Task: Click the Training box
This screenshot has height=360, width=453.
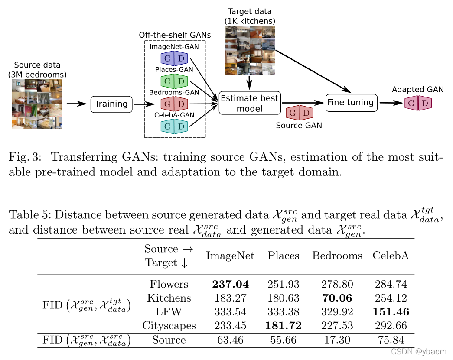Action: (x=111, y=104)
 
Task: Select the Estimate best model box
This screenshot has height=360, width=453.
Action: (x=250, y=103)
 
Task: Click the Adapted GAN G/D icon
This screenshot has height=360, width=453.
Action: (x=418, y=103)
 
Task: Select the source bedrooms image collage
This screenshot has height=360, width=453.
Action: (x=37, y=104)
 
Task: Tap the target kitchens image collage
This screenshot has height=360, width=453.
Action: (x=249, y=50)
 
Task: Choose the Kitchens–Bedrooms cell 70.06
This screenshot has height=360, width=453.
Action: (x=337, y=298)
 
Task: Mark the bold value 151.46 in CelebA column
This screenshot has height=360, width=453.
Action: (x=391, y=312)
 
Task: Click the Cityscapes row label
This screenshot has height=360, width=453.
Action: (x=169, y=325)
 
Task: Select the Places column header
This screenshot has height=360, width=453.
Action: (x=284, y=256)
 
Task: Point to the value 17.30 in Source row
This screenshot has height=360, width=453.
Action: (x=337, y=340)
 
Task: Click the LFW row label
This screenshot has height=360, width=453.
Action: (x=169, y=312)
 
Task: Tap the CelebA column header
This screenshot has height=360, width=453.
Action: (x=391, y=256)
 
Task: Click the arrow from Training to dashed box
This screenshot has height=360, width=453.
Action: (x=144, y=104)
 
